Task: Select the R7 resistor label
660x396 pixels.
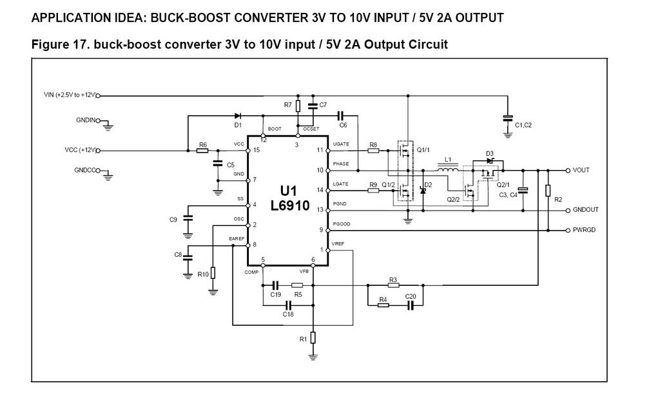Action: [x=287, y=105]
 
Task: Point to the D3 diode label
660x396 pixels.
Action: [x=490, y=153]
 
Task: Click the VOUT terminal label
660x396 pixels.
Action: [x=582, y=171]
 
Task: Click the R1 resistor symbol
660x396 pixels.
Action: [x=313, y=337]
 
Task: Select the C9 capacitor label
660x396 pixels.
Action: [x=173, y=220]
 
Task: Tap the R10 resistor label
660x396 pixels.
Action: [x=203, y=274]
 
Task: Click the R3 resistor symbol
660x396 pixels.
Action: [x=393, y=285]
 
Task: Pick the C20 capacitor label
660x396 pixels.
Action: [x=411, y=297]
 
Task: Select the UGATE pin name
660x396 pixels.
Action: [x=340, y=144]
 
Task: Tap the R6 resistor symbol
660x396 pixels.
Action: [x=202, y=151]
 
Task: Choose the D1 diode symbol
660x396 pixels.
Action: [x=238, y=116]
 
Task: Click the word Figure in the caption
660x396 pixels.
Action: [x=50, y=44]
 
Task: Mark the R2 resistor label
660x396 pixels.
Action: [x=558, y=200]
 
